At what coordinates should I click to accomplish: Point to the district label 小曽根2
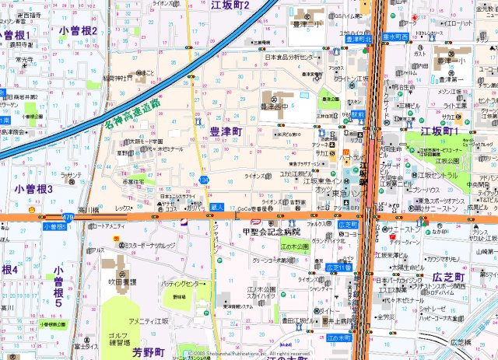(x=78, y=30)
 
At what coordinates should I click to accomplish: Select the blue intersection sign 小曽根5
(x=54, y=226)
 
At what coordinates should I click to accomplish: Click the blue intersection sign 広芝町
(x=348, y=224)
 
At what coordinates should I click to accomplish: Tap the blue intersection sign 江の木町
(x=338, y=338)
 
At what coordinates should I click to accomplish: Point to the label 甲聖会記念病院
(x=271, y=232)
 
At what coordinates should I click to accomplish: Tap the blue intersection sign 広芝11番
(x=338, y=267)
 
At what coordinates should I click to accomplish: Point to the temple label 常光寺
(x=24, y=59)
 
